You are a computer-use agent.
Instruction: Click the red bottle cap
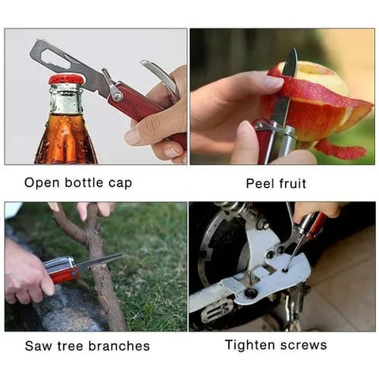coord(66,79)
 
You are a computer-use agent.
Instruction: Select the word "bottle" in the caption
coord(82,183)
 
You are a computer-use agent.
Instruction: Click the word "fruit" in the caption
coord(290,183)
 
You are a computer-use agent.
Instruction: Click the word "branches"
coord(119,346)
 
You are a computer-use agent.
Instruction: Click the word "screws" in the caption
coord(303,345)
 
